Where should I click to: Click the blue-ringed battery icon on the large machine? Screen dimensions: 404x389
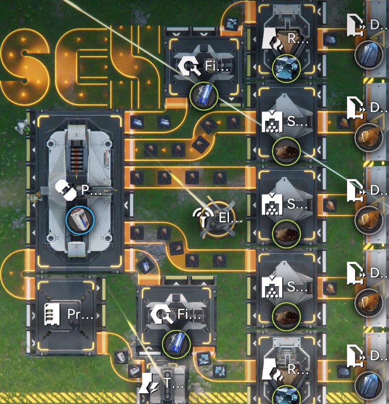coord(80,220)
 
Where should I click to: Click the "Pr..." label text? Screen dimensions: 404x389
coord(80,315)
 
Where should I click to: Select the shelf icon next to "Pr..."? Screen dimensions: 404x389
coord(52,315)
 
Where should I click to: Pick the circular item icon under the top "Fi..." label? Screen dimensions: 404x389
coord(204,96)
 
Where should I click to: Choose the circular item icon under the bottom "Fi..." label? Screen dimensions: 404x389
coord(176,344)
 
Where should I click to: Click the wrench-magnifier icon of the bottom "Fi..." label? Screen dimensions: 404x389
coord(161,315)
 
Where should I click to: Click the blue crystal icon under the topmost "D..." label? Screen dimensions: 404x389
coord(368,54)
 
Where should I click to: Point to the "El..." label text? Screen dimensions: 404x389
coord(230,218)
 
